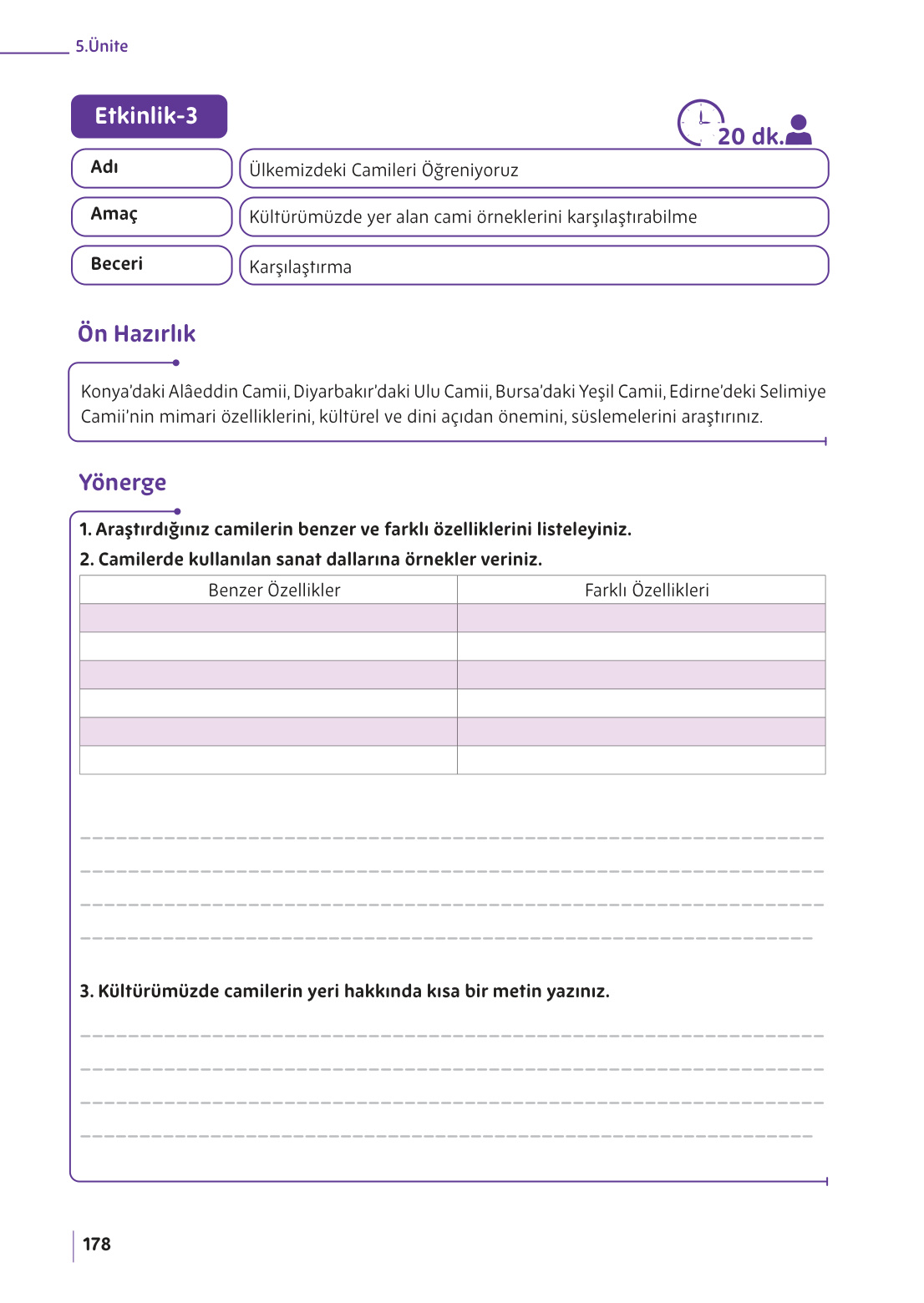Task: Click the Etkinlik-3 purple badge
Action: click(x=149, y=116)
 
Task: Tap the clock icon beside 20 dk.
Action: click(x=699, y=122)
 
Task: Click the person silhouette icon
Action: click(x=799, y=130)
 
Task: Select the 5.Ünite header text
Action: click(x=101, y=46)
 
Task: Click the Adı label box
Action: click(x=151, y=168)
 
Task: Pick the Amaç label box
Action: click(x=151, y=216)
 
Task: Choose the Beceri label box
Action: click(x=151, y=265)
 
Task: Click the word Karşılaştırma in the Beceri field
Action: click(x=300, y=267)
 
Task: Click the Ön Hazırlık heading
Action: click(x=136, y=334)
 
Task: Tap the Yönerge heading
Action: click(x=122, y=483)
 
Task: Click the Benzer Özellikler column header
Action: click(x=274, y=591)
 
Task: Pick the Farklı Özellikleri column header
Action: click(x=646, y=591)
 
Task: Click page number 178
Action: click(x=97, y=1245)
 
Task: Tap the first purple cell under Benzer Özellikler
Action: click(x=268, y=618)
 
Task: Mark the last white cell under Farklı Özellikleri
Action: click(x=641, y=760)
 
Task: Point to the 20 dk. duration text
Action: click(x=750, y=137)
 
